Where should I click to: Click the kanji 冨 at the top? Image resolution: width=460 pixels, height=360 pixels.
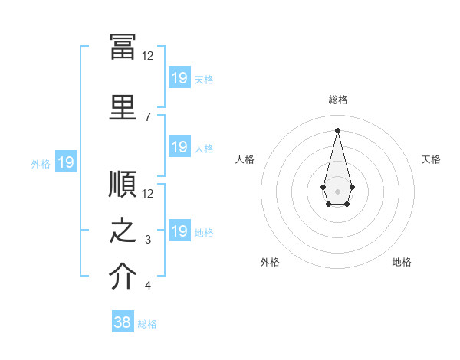(x=123, y=47)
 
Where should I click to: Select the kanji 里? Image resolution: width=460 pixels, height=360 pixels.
(x=123, y=107)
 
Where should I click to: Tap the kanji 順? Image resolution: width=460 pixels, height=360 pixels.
(x=123, y=184)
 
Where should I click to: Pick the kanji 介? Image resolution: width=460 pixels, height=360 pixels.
(x=123, y=276)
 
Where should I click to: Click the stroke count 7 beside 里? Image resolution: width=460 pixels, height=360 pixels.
(x=148, y=117)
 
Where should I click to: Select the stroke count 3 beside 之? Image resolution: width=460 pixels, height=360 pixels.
(x=148, y=240)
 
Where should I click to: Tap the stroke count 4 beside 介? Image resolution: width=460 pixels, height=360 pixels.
(x=148, y=285)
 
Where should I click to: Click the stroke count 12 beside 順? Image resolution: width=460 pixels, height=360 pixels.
(x=147, y=194)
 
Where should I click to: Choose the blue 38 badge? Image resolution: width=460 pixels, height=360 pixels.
(x=123, y=321)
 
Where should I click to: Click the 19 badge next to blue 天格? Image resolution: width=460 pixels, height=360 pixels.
(x=180, y=77)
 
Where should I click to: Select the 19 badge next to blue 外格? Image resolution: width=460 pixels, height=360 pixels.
(x=66, y=162)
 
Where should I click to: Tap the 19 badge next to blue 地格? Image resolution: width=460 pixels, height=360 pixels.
(x=180, y=230)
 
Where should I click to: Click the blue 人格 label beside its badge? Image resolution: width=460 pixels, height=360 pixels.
(x=204, y=149)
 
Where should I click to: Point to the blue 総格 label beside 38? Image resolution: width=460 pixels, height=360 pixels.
(x=147, y=324)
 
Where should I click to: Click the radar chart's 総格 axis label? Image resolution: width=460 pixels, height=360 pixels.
(x=338, y=100)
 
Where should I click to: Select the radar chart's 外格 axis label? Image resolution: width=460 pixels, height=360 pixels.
(x=270, y=262)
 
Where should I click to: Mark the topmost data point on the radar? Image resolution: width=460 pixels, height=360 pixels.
(x=337, y=130)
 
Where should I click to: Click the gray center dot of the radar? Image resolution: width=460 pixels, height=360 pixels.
(x=337, y=191)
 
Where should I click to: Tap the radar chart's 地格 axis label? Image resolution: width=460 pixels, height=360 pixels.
(x=402, y=262)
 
